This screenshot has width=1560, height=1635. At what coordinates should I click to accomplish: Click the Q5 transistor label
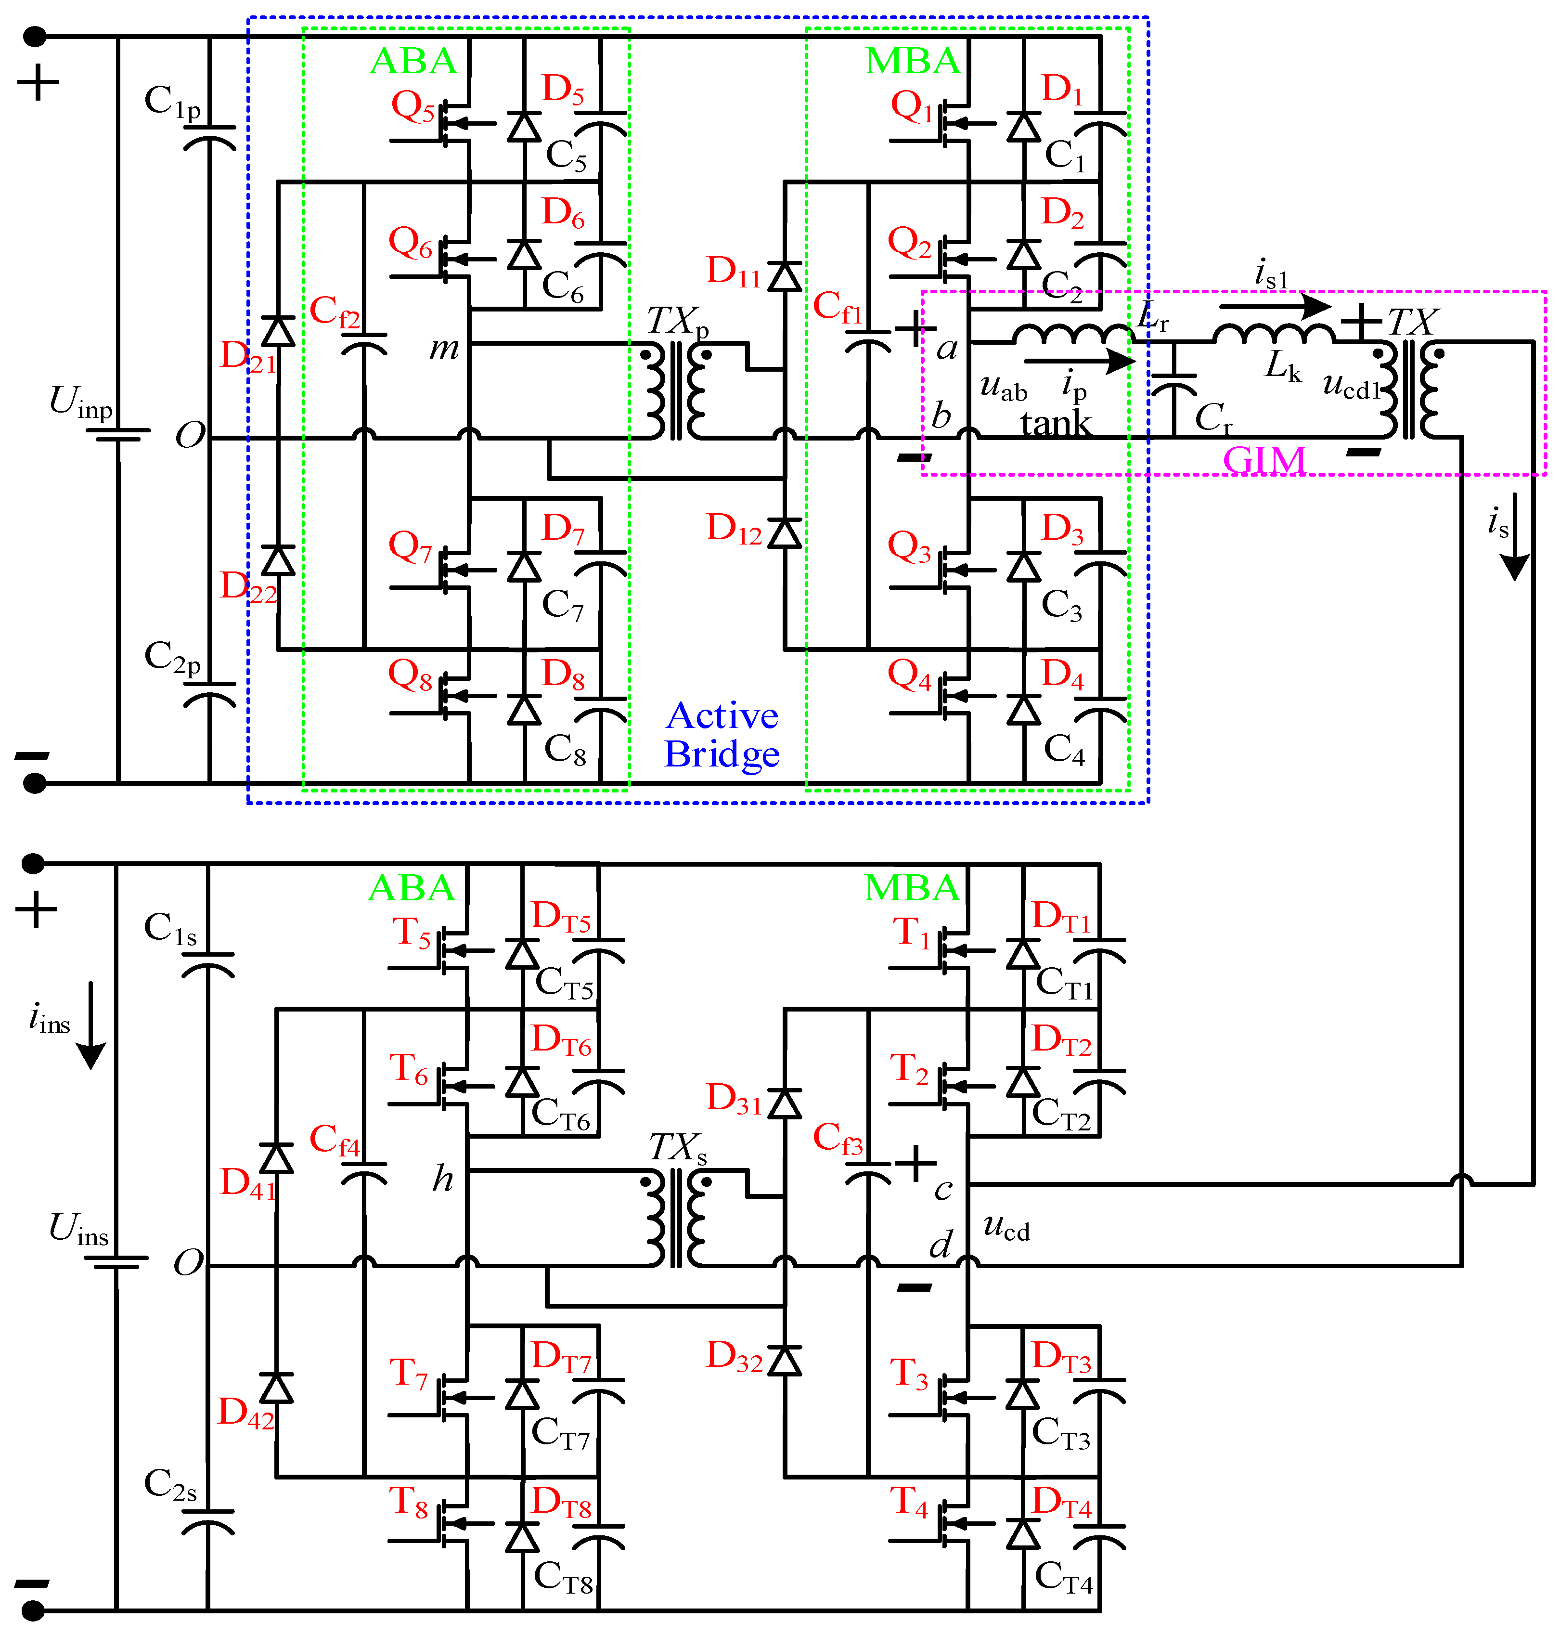click(413, 106)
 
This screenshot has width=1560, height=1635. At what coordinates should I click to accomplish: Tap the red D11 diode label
click(734, 272)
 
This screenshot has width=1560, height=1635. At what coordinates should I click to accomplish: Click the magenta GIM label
click(1264, 460)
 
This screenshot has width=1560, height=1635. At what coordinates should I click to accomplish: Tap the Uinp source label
click(81, 402)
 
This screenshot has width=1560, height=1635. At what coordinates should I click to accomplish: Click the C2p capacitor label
click(172, 657)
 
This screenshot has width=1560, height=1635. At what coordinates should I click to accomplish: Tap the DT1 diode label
click(1060, 917)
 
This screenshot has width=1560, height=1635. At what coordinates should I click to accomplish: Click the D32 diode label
click(734, 1356)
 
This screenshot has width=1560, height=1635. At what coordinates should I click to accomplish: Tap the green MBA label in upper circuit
click(912, 61)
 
